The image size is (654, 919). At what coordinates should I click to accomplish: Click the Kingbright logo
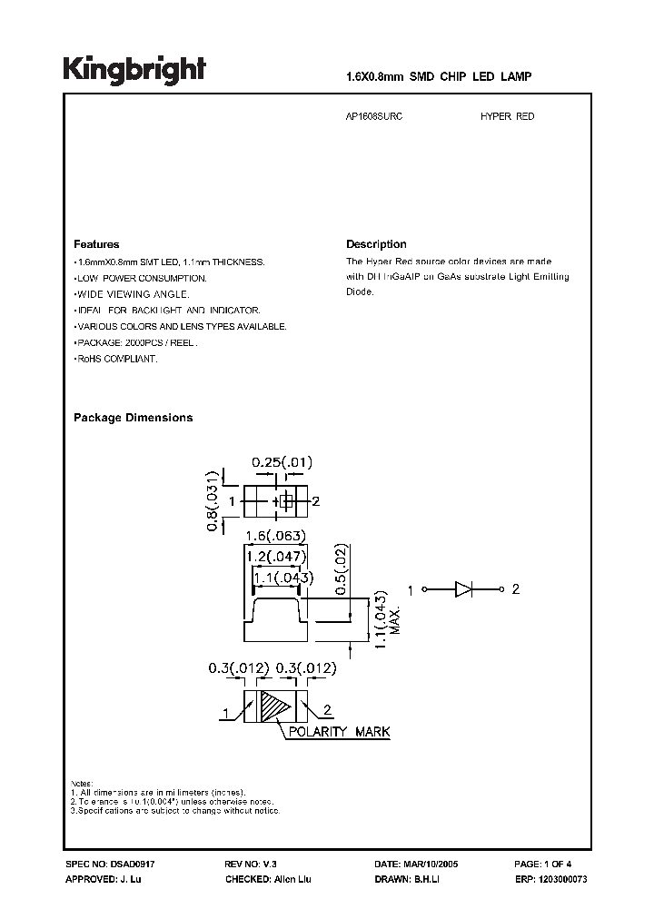pyautogui.click(x=134, y=70)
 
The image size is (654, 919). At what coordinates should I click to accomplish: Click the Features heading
pyautogui.click(x=96, y=244)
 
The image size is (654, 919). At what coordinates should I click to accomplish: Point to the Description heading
pyautogui.click(x=376, y=244)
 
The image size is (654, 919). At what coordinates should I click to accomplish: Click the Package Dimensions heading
pyautogui.click(x=133, y=418)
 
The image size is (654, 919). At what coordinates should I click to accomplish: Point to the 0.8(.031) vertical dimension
pyautogui.click(x=213, y=500)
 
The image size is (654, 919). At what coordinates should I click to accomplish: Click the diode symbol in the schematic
pyautogui.click(x=463, y=589)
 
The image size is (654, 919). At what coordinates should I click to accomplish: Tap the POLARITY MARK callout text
pyautogui.click(x=333, y=733)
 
